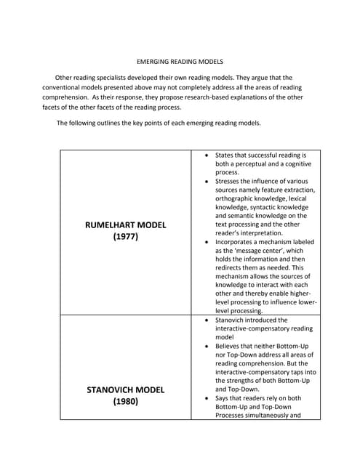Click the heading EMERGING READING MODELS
click(x=180, y=62)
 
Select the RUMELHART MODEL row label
click(x=125, y=225)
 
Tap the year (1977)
click(x=125, y=238)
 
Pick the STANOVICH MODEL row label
click(x=125, y=389)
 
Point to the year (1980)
click(x=125, y=402)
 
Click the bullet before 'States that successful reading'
click(x=208, y=155)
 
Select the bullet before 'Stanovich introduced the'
click(x=208, y=320)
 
